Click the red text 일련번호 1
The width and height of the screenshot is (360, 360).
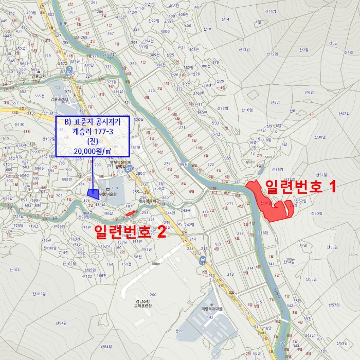pyautogui.click(x=301, y=186)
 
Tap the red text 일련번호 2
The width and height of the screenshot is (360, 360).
pyautogui.click(x=130, y=232)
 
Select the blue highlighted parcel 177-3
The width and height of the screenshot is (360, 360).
pyautogui.click(x=93, y=193)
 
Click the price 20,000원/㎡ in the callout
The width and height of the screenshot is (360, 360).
pyautogui.click(x=93, y=151)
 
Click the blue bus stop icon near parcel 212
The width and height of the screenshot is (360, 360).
pyautogui.click(x=203, y=260)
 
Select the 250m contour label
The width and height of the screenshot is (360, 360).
pyautogui.click(x=352, y=255)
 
